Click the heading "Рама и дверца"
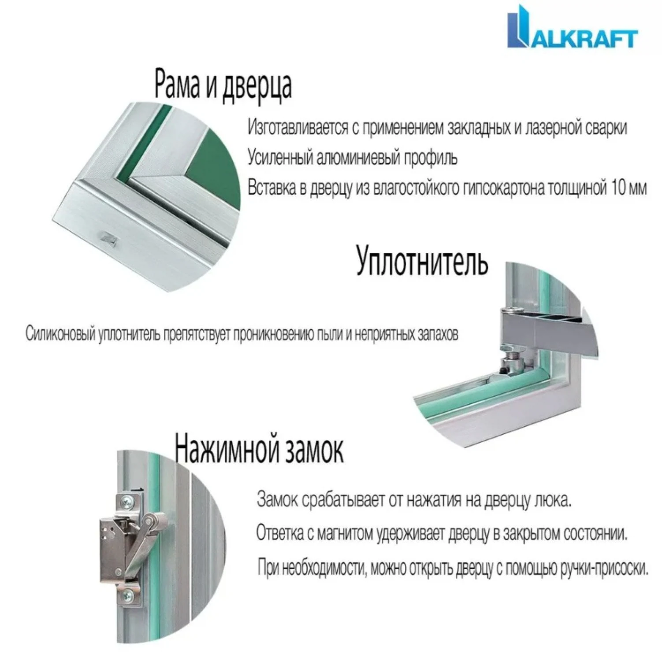pyautogui.click(x=223, y=85)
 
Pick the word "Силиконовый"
pyautogui.click(x=60, y=334)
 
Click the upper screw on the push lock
pyautogui.click(x=126, y=500)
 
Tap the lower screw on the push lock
pyautogui.click(x=128, y=596)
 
